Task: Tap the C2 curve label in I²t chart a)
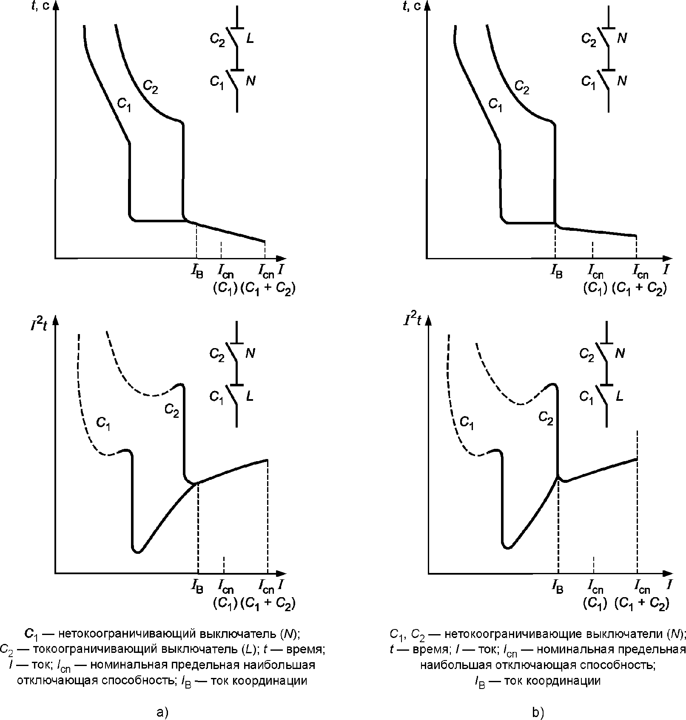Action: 172,410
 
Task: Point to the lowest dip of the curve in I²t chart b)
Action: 507,547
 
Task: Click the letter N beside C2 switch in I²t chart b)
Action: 621,353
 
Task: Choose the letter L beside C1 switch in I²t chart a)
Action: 250,397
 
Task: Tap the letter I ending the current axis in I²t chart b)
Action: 669,585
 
